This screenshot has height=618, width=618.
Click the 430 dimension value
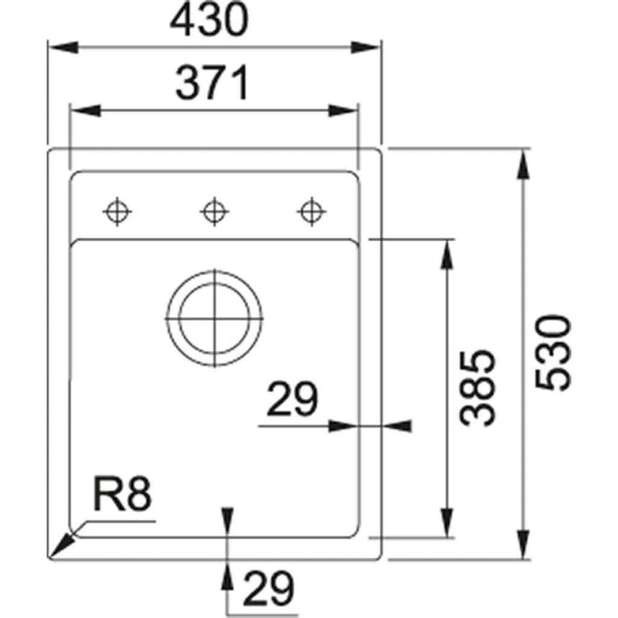click(x=208, y=22)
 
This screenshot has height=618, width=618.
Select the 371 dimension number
click(x=212, y=84)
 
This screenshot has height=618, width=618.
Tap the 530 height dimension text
click(x=553, y=353)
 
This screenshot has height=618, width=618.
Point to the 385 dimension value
click(x=477, y=387)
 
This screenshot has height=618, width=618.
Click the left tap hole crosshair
click(x=116, y=212)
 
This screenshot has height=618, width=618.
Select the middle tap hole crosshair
click(x=213, y=212)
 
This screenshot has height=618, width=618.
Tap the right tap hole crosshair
click(x=310, y=212)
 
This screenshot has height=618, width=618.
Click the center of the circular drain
click(x=214, y=317)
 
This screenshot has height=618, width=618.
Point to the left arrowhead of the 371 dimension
click(x=85, y=111)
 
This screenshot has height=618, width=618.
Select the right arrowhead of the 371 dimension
click(x=344, y=111)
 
